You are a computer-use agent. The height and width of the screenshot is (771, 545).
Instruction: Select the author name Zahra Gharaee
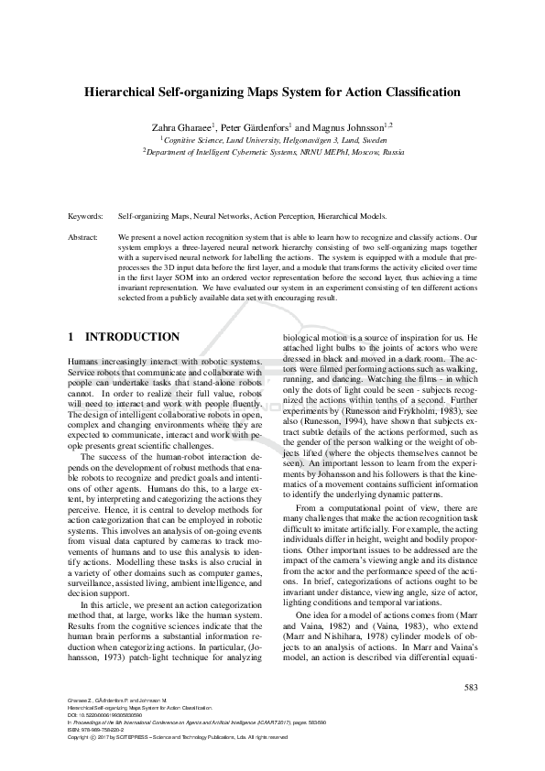[x=183, y=125]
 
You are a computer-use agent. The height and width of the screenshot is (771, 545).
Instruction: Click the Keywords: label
[x=85, y=217]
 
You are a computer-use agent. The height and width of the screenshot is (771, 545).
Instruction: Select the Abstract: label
[x=83, y=236]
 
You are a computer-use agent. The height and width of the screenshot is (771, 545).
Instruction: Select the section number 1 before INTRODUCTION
[x=71, y=337]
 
